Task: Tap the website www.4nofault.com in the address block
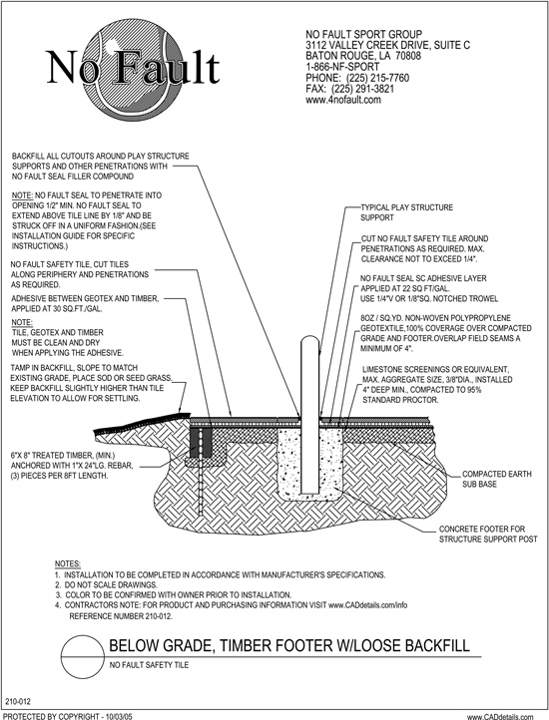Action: [x=343, y=100]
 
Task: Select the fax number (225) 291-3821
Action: [x=362, y=89]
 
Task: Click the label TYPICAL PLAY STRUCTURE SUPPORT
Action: [x=406, y=212]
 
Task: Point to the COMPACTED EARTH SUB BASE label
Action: [x=496, y=479]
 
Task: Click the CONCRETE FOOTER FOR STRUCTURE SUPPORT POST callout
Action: [x=488, y=535]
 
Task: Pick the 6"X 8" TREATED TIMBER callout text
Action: [x=72, y=466]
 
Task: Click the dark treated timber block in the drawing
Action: [x=202, y=443]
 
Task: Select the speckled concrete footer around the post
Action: [x=310, y=464]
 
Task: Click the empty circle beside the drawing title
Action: [x=82, y=657]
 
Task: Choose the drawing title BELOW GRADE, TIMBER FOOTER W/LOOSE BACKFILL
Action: [x=289, y=645]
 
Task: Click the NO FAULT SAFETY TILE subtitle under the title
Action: [x=149, y=665]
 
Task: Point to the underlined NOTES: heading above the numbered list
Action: [x=68, y=563]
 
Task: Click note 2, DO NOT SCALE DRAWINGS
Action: [x=106, y=585]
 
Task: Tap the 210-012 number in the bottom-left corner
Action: [x=18, y=702]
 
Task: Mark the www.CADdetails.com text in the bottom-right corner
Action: [x=500, y=717]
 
